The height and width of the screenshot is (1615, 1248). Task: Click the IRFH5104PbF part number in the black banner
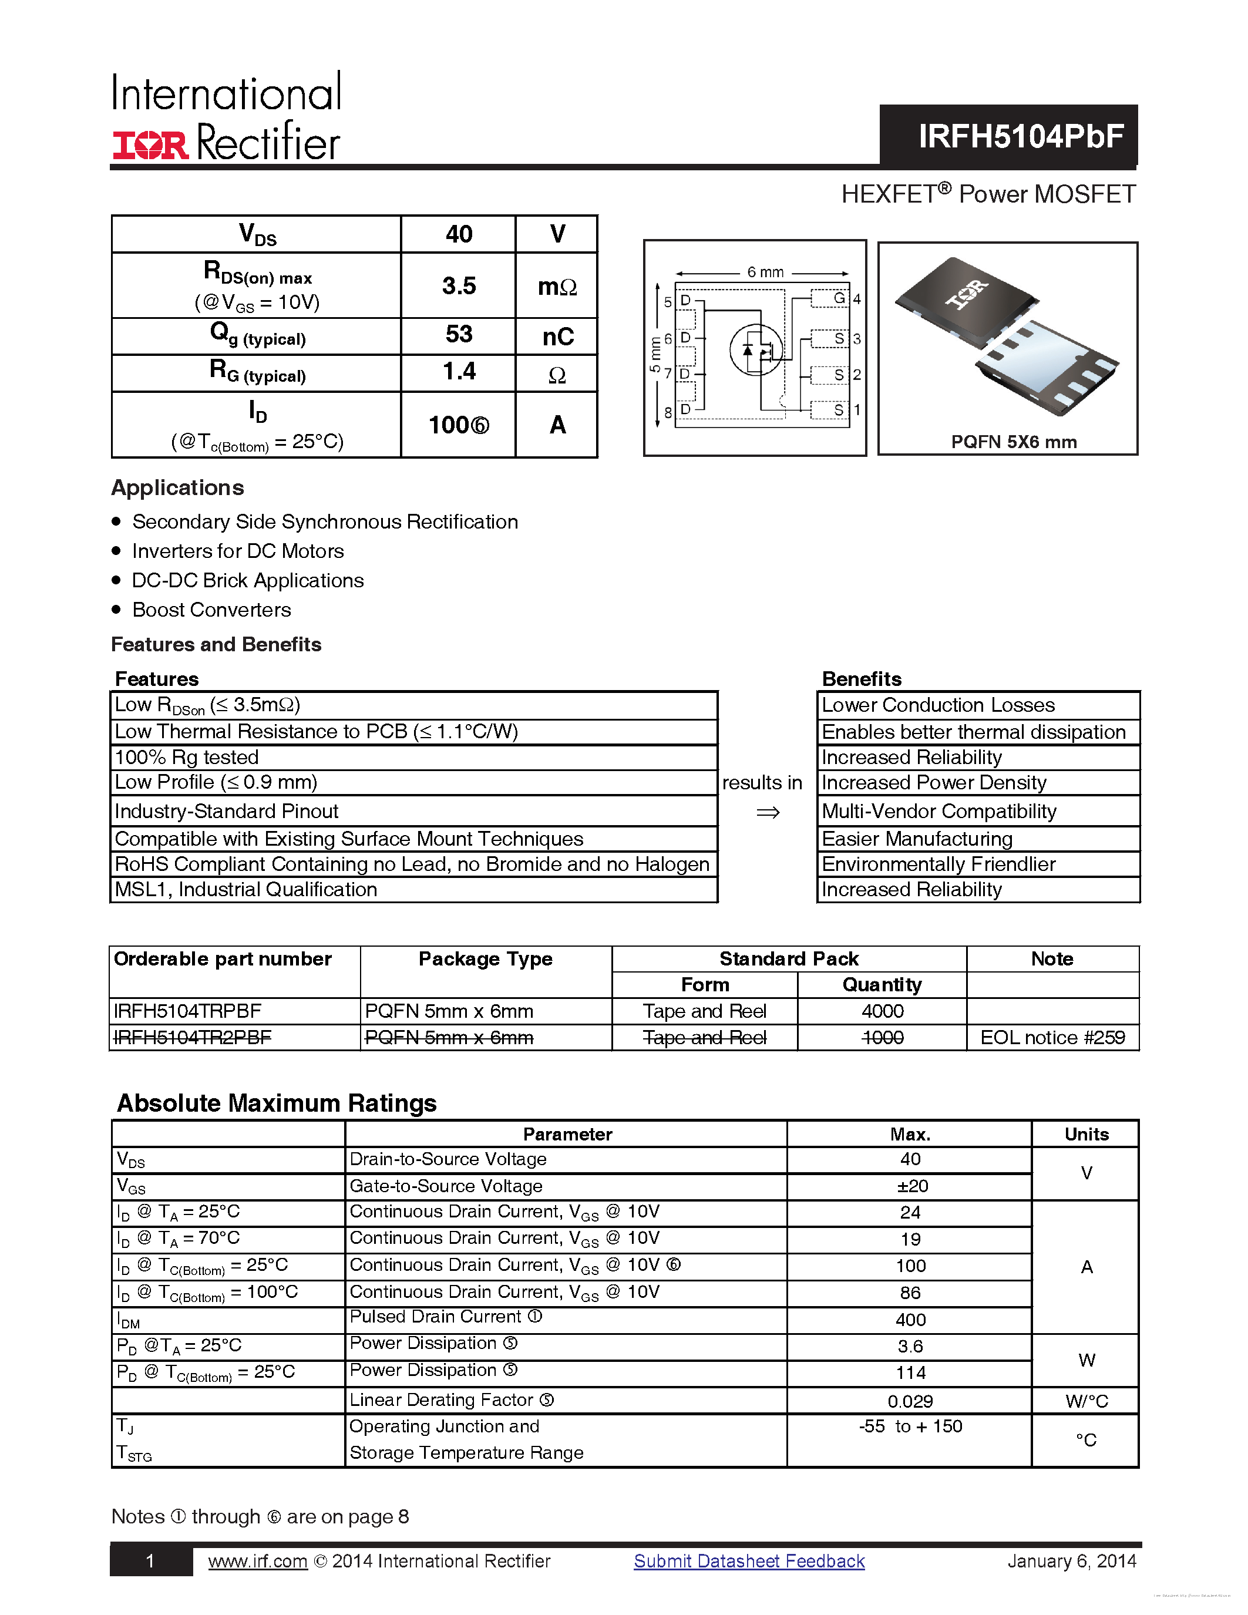[1020, 136]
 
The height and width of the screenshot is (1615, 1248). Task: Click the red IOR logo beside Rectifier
[151, 145]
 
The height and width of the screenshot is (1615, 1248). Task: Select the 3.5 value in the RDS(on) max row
[459, 286]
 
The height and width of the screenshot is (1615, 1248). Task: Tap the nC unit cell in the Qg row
[557, 337]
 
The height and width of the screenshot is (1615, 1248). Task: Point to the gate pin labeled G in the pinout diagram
[839, 298]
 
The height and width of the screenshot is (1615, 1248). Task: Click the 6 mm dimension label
[765, 272]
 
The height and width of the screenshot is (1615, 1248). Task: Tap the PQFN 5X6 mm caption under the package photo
[1013, 442]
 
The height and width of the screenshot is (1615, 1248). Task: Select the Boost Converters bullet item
[211, 610]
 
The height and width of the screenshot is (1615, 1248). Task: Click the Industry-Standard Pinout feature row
[226, 811]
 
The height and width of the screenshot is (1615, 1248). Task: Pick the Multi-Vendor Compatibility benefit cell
[939, 811]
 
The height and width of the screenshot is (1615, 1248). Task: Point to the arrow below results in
[768, 813]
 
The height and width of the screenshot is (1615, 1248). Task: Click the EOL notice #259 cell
[1052, 1038]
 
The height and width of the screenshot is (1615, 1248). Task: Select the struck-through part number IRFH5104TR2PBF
[192, 1038]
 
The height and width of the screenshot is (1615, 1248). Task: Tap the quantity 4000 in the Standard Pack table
[882, 1011]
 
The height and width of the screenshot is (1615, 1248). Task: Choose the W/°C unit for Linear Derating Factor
[1086, 1401]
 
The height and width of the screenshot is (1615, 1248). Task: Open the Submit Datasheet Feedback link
[749, 1561]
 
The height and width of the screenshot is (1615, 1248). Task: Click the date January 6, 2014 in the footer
[1071, 1561]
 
